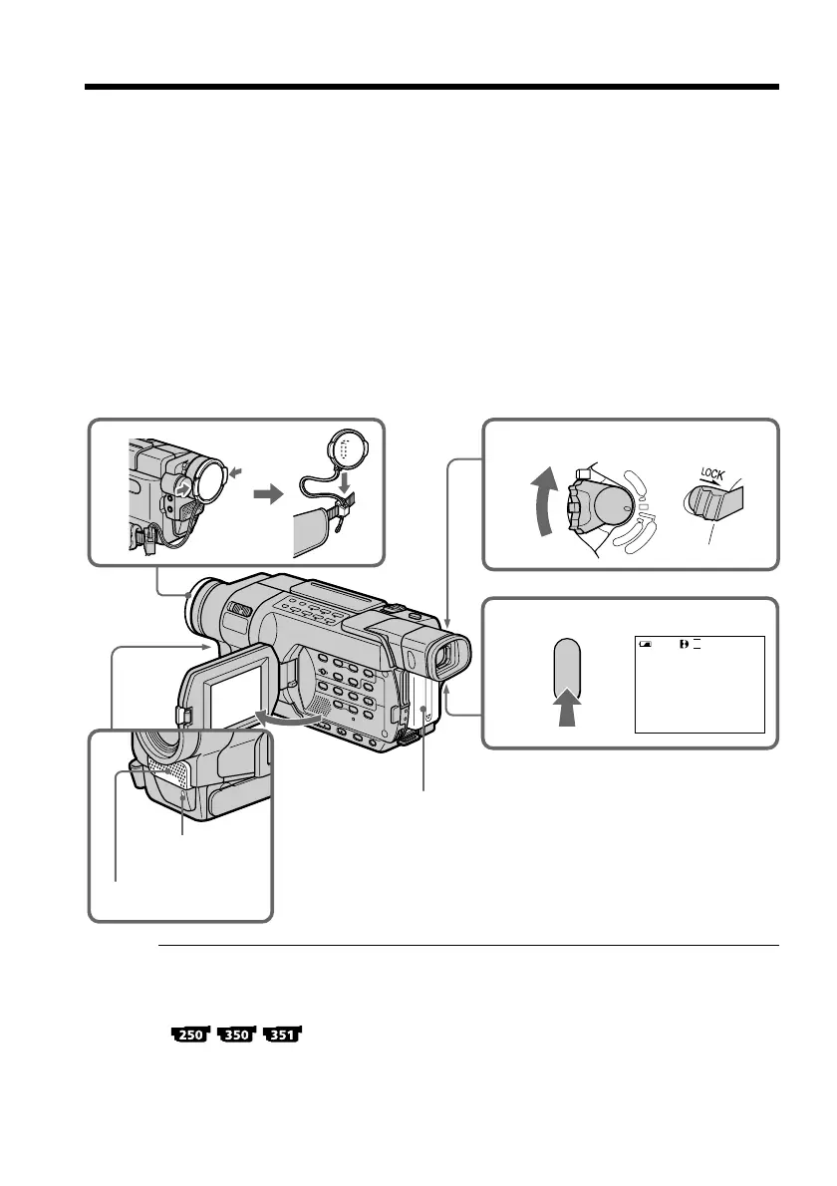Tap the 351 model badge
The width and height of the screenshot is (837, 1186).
(x=284, y=1036)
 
